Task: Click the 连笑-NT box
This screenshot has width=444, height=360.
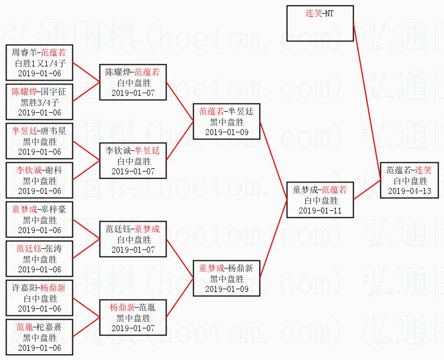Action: pos(320,23)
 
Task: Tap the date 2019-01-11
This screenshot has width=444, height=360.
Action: pos(320,210)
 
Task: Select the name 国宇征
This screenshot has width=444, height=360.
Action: pos(54,92)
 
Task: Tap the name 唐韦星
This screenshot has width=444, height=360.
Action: pos(54,131)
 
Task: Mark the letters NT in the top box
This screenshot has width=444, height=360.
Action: pos(328,13)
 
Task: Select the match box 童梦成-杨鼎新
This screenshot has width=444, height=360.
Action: pos(226,278)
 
